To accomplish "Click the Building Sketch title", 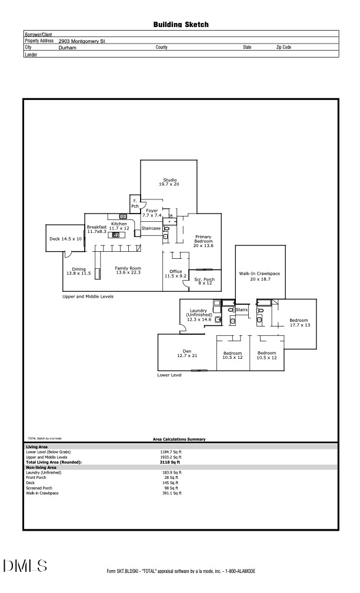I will pyautogui.click(x=181, y=25).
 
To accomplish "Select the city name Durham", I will pyautogui.click(x=67, y=47).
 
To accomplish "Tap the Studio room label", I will pyautogui.click(x=169, y=182).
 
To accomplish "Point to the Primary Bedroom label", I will pyautogui.click(x=204, y=241).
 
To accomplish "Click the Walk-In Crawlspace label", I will pyautogui.click(x=260, y=276).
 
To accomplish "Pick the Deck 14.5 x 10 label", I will pyautogui.click(x=65, y=239).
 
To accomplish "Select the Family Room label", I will pyautogui.click(x=128, y=271).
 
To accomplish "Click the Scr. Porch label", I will pyautogui.click(x=204, y=281).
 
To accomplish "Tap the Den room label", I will pyautogui.click(x=186, y=354).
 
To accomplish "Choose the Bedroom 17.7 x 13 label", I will pyautogui.click(x=298, y=322).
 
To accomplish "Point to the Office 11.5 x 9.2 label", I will pyautogui.click(x=175, y=274).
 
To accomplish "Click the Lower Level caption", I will pyautogui.click(x=169, y=374).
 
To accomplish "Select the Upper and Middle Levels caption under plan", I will pyautogui.click(x=88, y=296).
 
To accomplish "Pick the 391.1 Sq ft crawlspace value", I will pyautogui.click(x=171, y=493).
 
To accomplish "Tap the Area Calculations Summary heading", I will pyautogui.click(x=178, y=439).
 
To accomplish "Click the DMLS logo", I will pyautogui.click(x=25, y=567).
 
